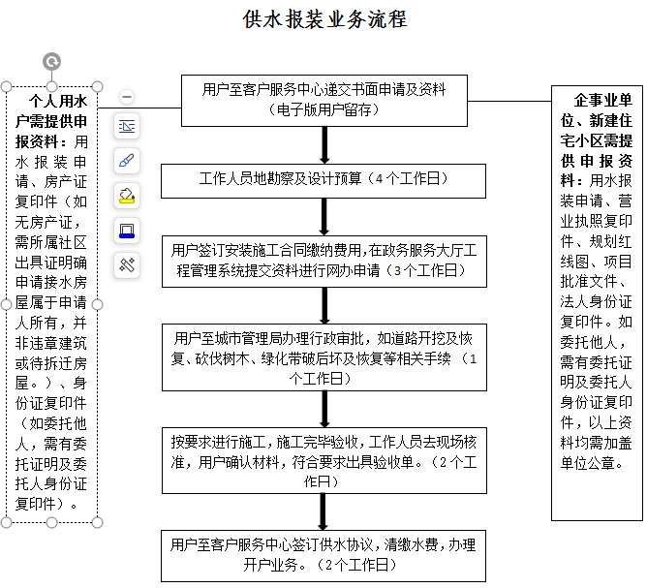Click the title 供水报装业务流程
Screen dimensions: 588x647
[x=324, y=19]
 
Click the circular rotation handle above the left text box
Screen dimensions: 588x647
[x=52, y=62]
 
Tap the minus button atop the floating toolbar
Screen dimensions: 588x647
[x=127, y=97]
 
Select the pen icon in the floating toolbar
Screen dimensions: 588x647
[x=127, y=160]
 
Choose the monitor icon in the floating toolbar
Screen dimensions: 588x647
[x=127, y=230]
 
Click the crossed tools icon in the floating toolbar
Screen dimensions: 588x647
[x=127, y=264]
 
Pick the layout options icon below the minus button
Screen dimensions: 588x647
[x=127, y=126]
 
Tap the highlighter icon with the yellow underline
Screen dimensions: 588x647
[x=127, y=195]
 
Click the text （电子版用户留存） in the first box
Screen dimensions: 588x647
[x=324, y=109]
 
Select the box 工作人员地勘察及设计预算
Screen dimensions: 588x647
[x=324, y=179]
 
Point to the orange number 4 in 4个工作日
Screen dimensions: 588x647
[x=380, y=179]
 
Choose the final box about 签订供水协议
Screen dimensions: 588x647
[x=324, y=554]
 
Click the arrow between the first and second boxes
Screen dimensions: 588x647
[x=324, y=144]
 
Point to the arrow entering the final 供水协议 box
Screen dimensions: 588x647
[x=324, y=511]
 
